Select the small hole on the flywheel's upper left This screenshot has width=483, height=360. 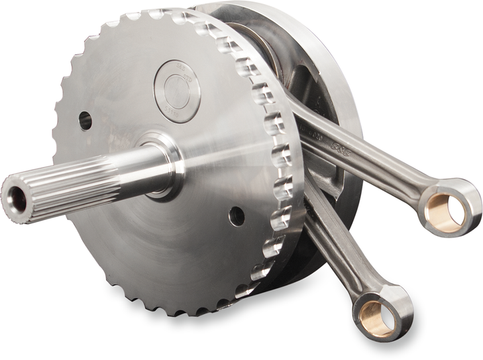85,120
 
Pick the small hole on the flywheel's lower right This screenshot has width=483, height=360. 236,215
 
